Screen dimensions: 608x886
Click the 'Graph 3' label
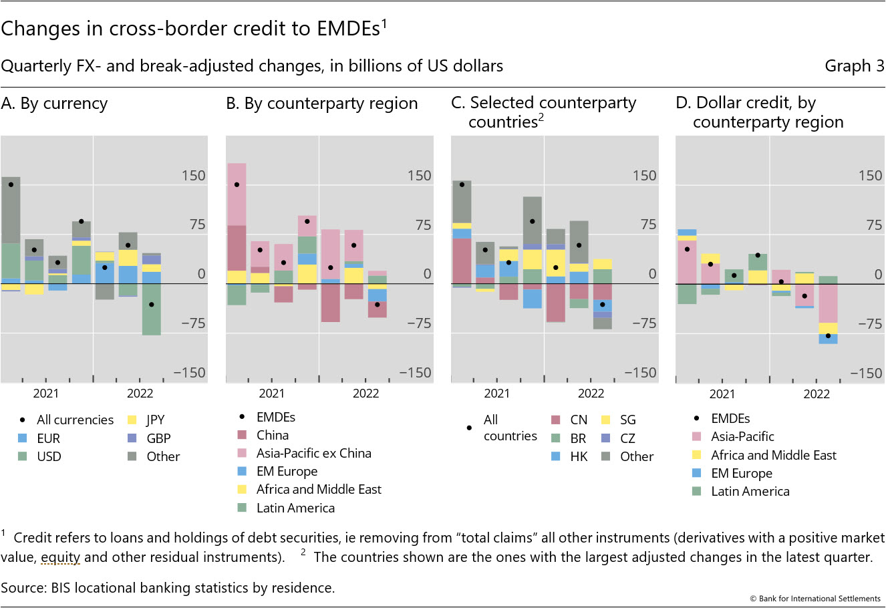pyautogui.click(x=854, y=65)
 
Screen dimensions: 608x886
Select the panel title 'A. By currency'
pyautogui.click(x=54, y=104)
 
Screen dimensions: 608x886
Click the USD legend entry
pyautogui.click(x=49, y=457)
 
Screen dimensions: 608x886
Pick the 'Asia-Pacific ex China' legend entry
pyautogui.click(x=313, y=453)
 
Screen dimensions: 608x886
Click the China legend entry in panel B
pyautogui.click(x=273, y=435)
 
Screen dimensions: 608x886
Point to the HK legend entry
pyautogui.click(x=578, y=457)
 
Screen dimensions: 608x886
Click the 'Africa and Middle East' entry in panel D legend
pyautogui.click(x=773, y=455)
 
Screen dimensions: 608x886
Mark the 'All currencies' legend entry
pyautogui.click(x=75, y=420)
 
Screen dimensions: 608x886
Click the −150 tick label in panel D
pyautogui.click(x=865, y=373)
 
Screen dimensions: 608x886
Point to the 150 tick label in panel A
pyautogui.click(x=194, y=176)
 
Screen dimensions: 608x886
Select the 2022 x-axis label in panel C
pyautogui.click(x=591, y=394)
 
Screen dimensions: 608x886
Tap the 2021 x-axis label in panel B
pyautogui.click(x=271, y=394)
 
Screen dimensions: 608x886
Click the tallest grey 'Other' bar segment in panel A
pyautogui.click(x=11, y=210)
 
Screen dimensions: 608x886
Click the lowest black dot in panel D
pyautogui.click(x=828, y=335)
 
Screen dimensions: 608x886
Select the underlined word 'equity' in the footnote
pyautogui.click(x=60, y=557)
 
